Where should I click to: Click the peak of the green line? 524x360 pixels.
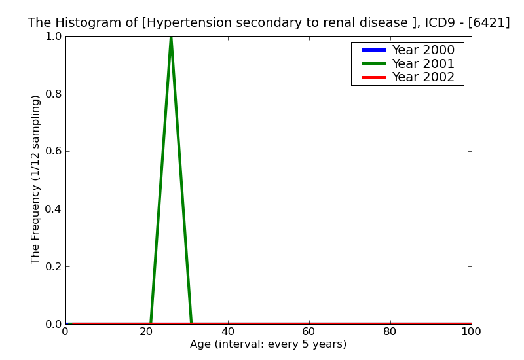[171, 37]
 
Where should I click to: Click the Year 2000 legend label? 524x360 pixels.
[422, 50]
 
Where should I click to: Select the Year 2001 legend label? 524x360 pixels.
[422, 63]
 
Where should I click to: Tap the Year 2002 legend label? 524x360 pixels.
[422, 77]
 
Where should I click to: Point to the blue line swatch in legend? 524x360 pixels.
[373, 50]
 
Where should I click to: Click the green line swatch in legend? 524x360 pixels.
[373, 63]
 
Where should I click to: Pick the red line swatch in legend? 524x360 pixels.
[373, 77]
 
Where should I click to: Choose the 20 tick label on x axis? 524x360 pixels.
[147, 332]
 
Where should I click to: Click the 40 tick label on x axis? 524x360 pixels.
[228, 332]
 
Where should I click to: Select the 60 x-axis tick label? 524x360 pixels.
[309, 332]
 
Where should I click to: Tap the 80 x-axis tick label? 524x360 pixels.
[390, 332]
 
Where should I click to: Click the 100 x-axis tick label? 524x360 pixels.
[472, 332]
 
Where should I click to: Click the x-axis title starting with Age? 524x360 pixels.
[268, 344]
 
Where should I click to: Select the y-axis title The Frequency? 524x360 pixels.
[36, 179]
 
